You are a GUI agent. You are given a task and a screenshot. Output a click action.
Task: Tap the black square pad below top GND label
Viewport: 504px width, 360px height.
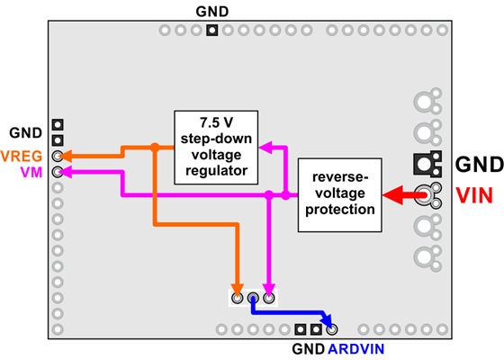[x=211, y=31]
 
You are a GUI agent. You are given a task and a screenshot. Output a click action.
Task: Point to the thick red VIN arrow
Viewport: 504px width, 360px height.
[x=401, y=193]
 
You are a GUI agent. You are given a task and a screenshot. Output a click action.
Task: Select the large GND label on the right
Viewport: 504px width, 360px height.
[x=477, y=165]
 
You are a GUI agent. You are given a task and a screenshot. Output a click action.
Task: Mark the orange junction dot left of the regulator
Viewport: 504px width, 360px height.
[x=155, y=148]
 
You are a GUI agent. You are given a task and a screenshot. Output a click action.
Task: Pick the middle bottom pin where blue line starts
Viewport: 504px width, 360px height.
[x=253, y=297]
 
